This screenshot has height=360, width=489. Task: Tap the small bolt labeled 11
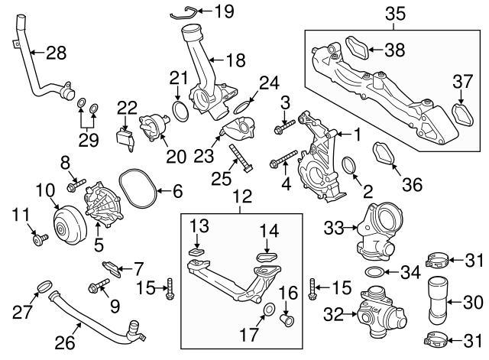tap(37, 240)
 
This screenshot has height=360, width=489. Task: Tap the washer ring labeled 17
tap(268, 310)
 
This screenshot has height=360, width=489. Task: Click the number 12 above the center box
tap(241, 198)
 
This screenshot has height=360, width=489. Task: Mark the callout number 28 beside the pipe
tap(57, 53)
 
